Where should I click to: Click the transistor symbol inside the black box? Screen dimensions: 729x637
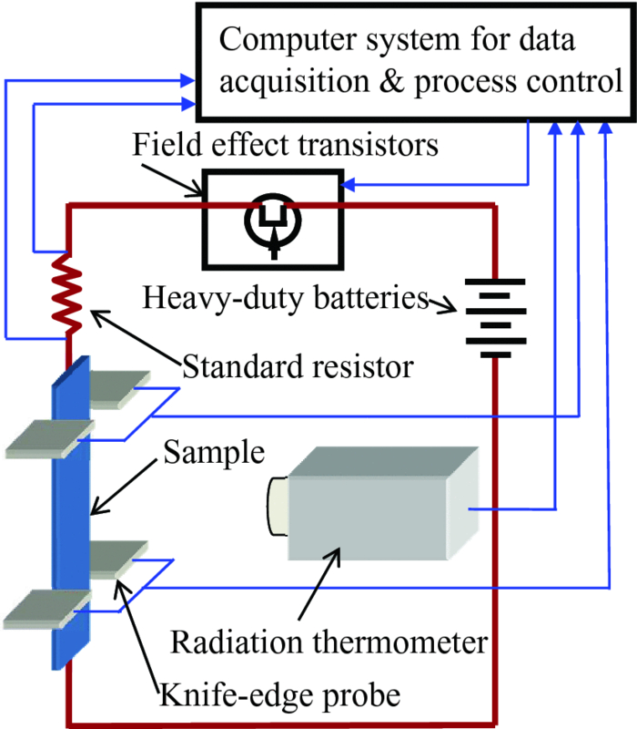[x=272, y=222]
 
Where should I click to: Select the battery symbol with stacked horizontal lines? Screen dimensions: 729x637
[x=495, y=313]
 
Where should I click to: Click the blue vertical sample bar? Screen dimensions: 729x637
[x=70, y=510]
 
